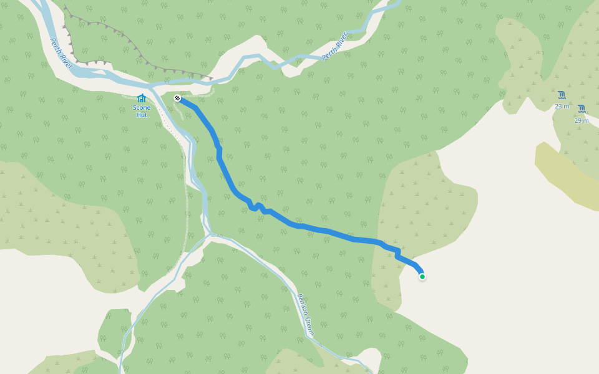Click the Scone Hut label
(x=142, y=111)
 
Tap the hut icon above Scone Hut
(x=141, y=98)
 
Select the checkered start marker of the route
(x=177, y=98)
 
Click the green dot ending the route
(x=422, y=277)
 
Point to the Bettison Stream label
(x=305, y=315)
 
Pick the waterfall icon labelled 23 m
(x=562, y=95)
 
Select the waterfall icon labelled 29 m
(x=582, y=108)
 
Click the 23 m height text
(x=562, y=106)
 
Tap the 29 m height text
(x=582, y=120)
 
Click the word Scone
(x=142, y=108)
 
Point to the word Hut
(x=142, y=115)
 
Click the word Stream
(x=309, y=325)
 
